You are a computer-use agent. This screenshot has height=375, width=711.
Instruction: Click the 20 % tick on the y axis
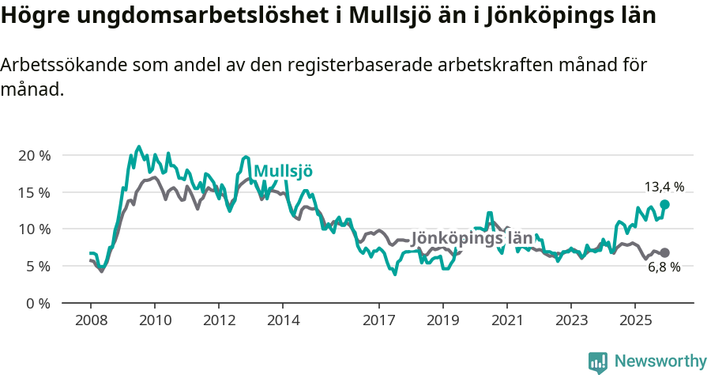pyautogui.click(x=33, y=155)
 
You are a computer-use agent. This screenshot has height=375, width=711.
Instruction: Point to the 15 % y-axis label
pyautogui.click(x=33, y=192)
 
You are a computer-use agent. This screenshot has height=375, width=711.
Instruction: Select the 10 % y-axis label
pyautogui.click(x=33, y=229)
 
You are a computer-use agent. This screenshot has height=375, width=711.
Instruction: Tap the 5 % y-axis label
pyautogui.click(x=37, y=267)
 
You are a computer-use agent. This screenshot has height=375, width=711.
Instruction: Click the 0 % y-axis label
pyautogui.click(x=37, y=303)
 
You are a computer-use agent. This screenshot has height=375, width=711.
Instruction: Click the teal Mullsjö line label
pyautogui.click(x=284, y=172)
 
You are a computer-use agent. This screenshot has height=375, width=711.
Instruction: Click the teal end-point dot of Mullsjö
pyautogui.click(x=664, y=204)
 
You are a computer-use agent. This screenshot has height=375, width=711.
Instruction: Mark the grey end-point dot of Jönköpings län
pyautogui.click(x=664, y=252)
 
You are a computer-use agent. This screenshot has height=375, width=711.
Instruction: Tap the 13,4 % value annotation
pyautogui.click(x=664, y=187)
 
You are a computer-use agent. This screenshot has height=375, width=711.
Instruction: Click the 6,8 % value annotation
pyautogui.click(x=664, y=267)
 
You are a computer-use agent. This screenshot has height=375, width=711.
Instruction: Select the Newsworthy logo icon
pyautogui.click(x=598, y=362)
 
